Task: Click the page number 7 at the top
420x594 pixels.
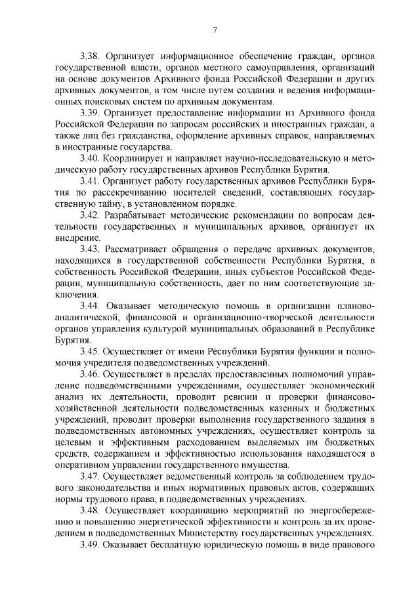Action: tap(215, 29)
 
